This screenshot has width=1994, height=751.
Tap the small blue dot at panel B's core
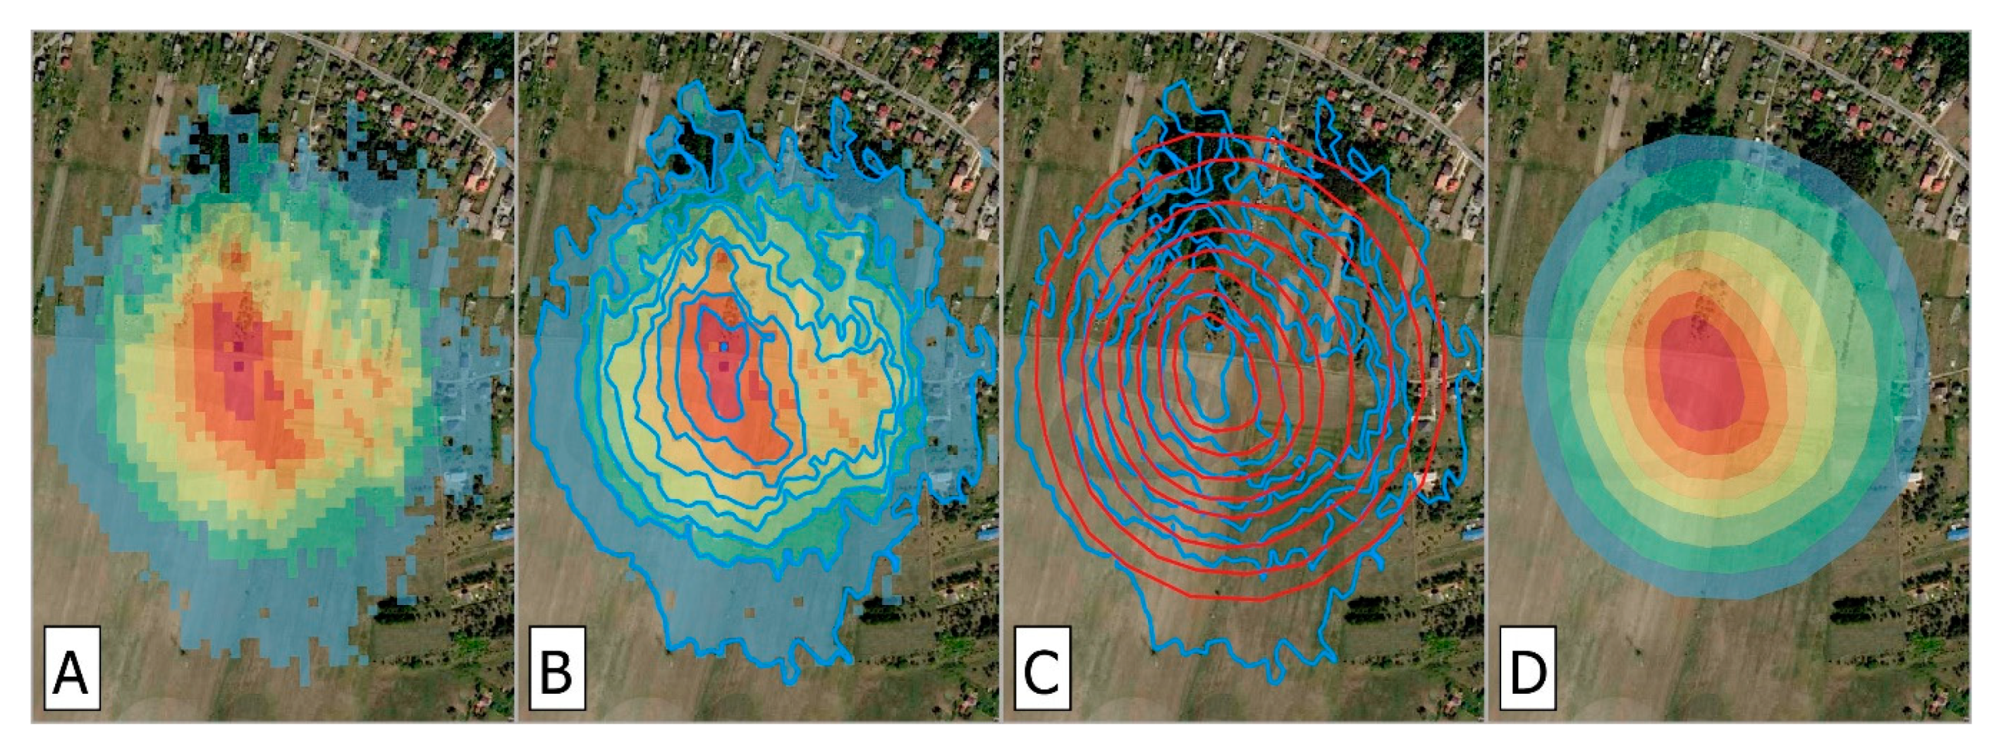723,348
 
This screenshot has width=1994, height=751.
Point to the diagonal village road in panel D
1858,78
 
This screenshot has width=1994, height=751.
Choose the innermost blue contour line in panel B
701,341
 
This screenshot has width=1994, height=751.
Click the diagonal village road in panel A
403,85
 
